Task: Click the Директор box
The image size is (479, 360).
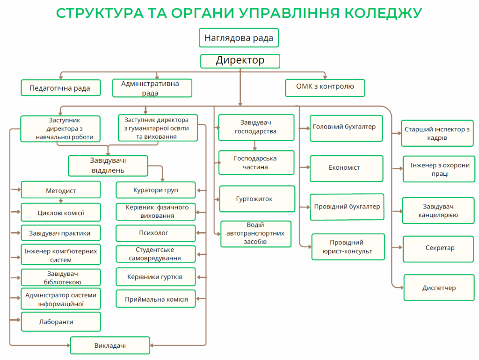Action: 240,61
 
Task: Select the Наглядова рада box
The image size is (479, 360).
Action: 239,38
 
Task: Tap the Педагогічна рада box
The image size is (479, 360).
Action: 61,88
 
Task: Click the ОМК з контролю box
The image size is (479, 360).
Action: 325,88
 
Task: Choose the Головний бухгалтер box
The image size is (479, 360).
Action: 346,128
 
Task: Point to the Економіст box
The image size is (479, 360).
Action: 347,169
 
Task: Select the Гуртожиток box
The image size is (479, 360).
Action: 257,199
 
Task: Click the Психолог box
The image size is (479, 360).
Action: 155,233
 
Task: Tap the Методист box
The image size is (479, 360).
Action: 61,190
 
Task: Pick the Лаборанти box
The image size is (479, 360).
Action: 61,322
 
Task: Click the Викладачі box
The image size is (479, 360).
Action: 110,346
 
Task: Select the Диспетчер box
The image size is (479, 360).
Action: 439,288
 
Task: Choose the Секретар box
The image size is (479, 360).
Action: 438,249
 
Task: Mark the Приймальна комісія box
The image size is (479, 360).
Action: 155,299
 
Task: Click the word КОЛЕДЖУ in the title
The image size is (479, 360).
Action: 384,13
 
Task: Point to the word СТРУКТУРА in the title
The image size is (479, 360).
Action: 100,13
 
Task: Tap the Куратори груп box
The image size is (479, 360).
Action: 155,190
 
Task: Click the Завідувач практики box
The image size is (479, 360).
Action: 61,233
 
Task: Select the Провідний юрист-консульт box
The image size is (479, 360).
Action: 348,247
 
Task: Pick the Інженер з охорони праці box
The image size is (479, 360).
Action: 439,169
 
